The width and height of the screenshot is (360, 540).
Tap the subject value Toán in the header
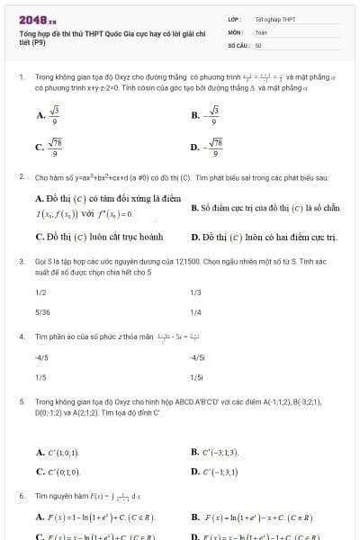pyautogui.click(x=261, y=31)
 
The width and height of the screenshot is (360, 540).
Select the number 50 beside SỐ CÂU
pyautogui.click(x=258, y=44)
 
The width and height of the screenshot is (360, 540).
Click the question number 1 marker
pyautogui.click(x=21, y=78)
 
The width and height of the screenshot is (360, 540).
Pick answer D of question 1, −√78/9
pyautogui.click(x=211, y=148)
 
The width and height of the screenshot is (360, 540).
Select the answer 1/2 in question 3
pyautogui.click(x=40, y=292)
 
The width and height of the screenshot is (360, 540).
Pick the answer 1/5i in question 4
pyautogui.click(x=197, y=377)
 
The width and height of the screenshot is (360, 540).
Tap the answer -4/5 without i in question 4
pyautogui.click(x=40, y=358)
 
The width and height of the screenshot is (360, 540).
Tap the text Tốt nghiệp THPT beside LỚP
pyautogui.click(x=274, y=19)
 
